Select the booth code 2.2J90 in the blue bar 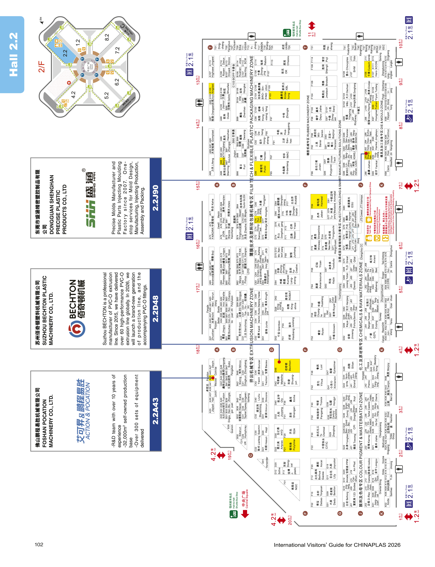[x=155, y=198]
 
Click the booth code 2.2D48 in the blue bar [x=155, y=309]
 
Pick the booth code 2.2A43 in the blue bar [x=155, y=411]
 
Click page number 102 [x=39, y=544]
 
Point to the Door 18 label [x=198, y=349]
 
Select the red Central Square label [x=245, y=499]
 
